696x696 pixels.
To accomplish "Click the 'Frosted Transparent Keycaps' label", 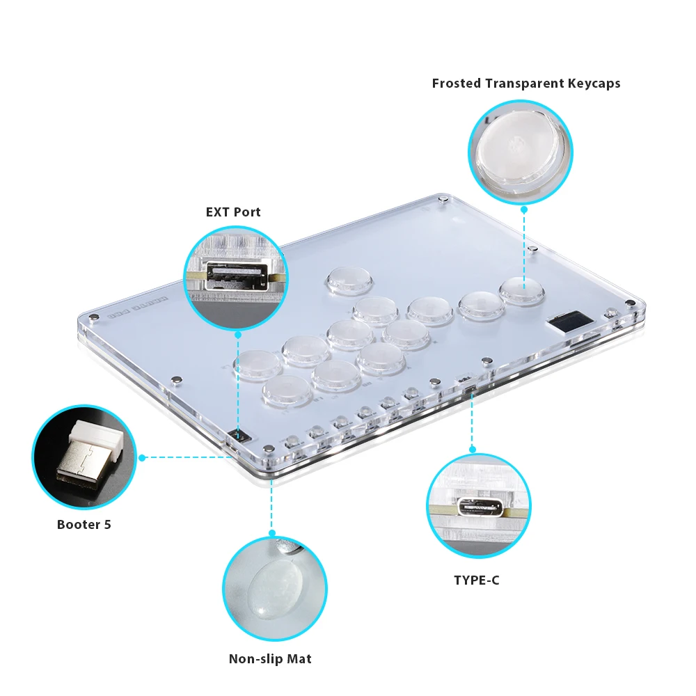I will (525, 84).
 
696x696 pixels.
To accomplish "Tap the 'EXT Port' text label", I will (233, 212).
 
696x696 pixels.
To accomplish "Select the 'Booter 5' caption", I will (84, 525).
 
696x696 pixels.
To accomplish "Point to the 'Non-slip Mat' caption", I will (270, 658).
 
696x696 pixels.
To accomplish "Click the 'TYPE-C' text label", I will (476, 580).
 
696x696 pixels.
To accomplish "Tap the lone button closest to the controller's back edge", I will (348, 280).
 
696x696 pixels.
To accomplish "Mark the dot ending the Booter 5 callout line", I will (142, 457).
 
